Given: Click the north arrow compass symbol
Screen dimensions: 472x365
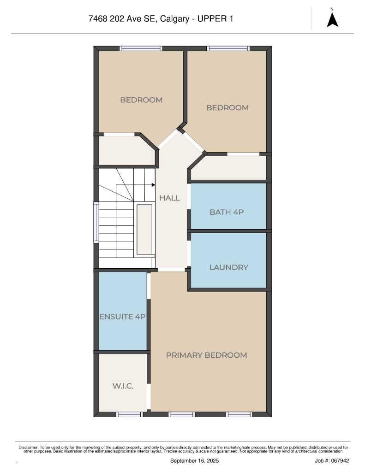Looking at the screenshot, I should (332, 19).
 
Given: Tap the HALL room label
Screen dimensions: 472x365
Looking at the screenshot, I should (169, 198).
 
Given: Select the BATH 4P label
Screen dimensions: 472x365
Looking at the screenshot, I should (226, 212).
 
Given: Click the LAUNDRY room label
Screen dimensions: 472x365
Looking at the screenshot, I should (228, 267).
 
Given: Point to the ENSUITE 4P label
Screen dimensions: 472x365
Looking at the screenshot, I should (123, 317).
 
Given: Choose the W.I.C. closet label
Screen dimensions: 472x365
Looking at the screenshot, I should (123, 386).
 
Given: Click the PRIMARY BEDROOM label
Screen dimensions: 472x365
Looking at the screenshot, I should (206, 355).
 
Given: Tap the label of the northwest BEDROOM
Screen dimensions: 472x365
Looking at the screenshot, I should (141, 100).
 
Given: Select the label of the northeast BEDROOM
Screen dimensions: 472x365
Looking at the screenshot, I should (227, 107).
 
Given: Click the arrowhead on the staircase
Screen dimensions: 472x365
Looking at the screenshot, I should (153, 184).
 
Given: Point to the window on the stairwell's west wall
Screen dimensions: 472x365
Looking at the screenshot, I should (96, 222).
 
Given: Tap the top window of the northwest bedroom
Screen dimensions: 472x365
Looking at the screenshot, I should (141, 48).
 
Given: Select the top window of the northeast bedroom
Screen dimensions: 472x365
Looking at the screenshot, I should (228, 48).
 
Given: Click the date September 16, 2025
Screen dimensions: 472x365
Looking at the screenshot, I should (194, 460).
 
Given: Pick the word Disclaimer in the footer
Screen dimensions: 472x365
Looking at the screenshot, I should (28, 447).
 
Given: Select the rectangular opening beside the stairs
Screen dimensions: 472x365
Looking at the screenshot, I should (144, 229).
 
